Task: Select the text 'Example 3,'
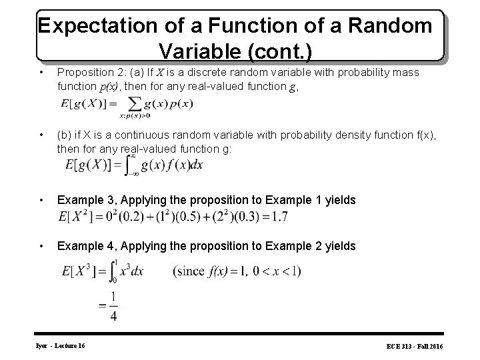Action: point(83,199)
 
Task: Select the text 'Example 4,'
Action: point(83,246)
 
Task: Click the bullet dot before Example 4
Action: point(42,247)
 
